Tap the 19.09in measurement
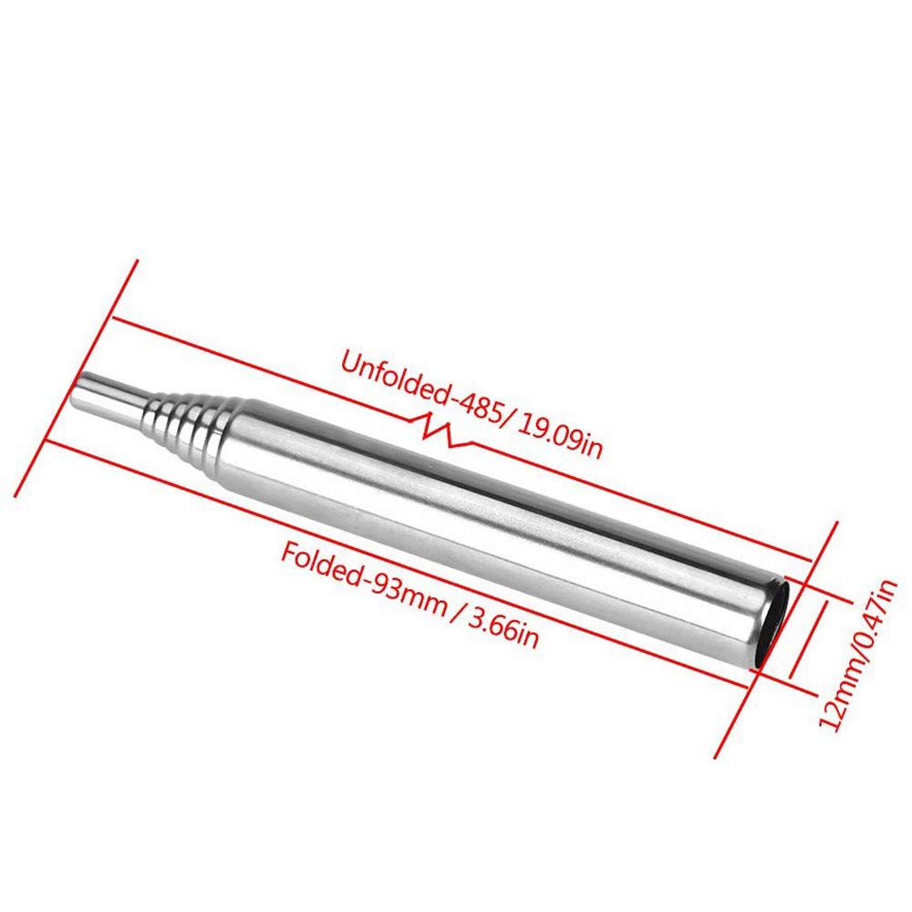point(558,436)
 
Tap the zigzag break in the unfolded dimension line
point(447,431)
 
